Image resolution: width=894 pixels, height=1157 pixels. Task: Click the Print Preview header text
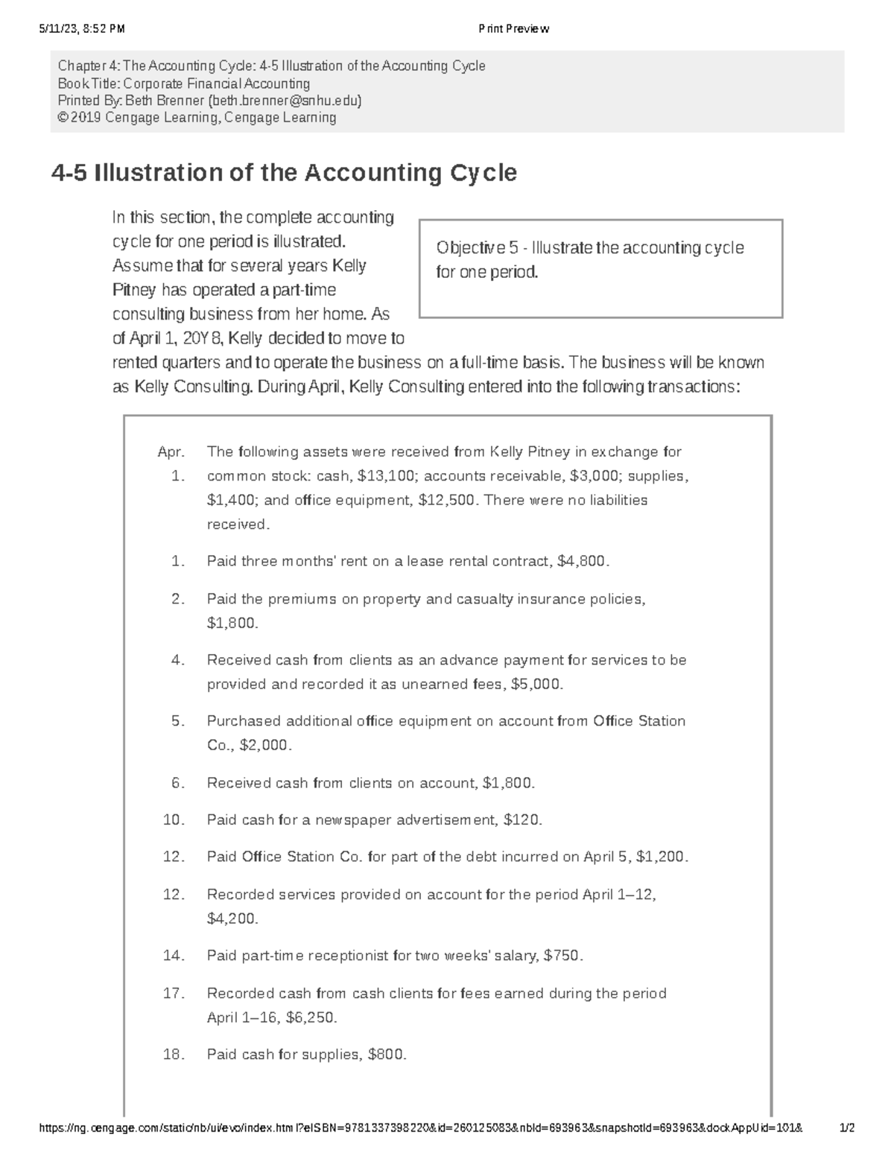pos(514,29)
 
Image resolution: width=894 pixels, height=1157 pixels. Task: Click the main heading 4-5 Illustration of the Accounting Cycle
pos(284,173)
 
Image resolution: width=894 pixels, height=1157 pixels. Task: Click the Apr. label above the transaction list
pos(171,451)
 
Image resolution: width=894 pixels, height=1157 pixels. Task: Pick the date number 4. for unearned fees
pos(177,659)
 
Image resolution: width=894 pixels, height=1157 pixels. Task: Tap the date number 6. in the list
pos(177,782)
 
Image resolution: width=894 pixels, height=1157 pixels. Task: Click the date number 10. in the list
pos(174,820)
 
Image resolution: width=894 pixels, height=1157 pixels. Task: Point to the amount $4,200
pos(232,919)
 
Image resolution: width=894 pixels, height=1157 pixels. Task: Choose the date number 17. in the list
pos(174,993)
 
